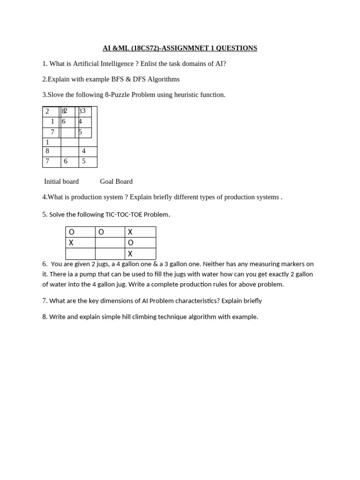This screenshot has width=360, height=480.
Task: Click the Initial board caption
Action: tap(61, 181)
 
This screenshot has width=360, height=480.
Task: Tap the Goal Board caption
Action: tap(116, 181)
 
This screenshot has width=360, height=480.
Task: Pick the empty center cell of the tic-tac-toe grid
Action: tap(110, 243)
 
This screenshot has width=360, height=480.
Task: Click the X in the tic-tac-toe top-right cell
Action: tap(130, 232)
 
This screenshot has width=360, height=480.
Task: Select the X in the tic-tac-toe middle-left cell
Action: tap(71, 243)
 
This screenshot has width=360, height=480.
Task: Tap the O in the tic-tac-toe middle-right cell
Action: tap(131, 243)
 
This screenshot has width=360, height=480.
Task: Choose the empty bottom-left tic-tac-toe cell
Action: tap(80, 254)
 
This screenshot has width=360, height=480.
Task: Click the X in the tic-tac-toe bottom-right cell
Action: tap(130, 254)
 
